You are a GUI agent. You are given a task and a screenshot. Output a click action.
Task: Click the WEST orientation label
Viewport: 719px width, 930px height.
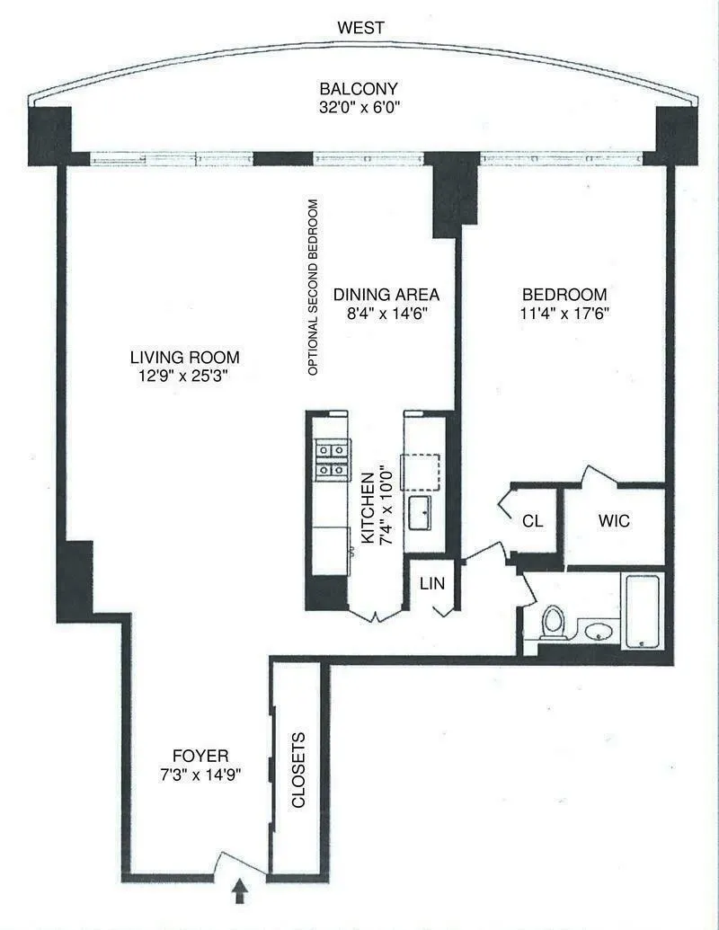coord(359,28)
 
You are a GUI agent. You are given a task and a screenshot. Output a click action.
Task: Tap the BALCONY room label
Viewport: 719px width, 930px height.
coord(359,89)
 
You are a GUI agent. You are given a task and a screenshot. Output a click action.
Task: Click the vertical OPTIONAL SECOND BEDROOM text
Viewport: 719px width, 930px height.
coord(313,287)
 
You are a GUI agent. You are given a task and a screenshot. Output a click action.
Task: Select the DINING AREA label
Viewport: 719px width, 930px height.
coord(386,295)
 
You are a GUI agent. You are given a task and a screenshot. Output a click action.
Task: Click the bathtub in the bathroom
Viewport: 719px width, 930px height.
coord(642,610)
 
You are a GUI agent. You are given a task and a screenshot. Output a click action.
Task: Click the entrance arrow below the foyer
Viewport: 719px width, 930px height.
coord(240,892)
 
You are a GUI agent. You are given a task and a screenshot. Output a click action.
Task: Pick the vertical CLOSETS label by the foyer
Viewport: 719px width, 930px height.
coord(299,772)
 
